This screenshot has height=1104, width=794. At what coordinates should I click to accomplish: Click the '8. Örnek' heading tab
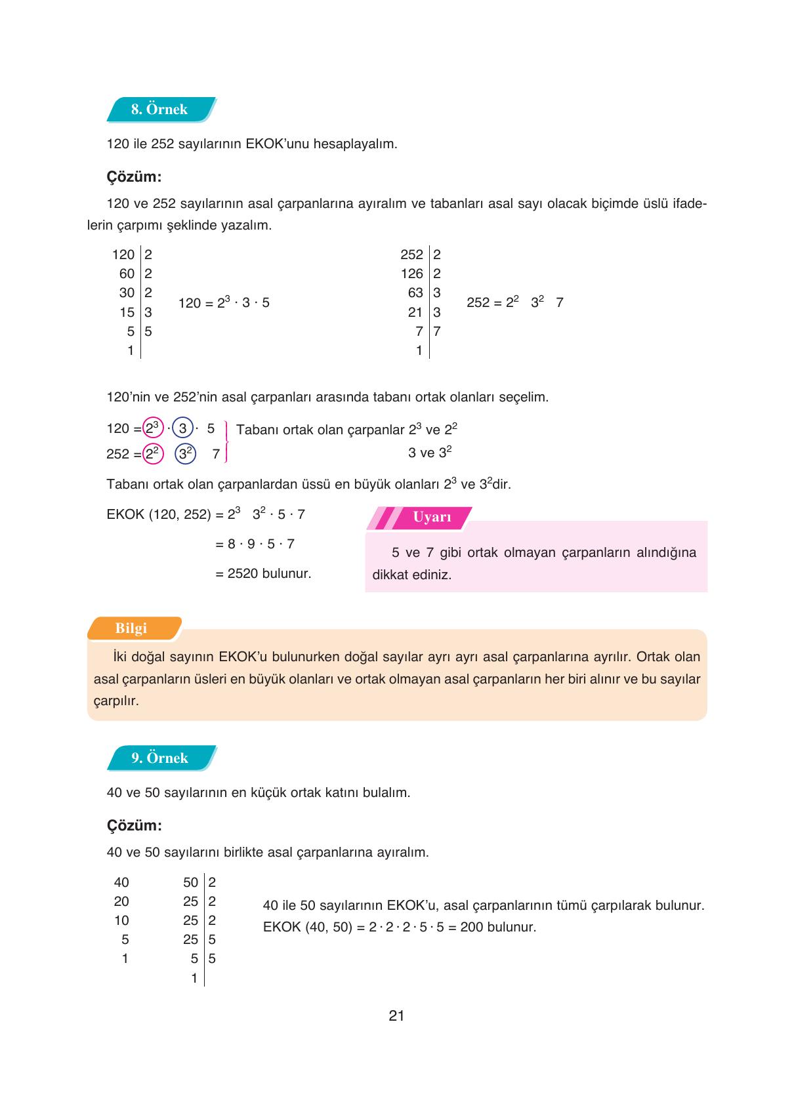point(159,110)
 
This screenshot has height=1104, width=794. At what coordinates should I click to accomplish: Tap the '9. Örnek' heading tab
point(159,758)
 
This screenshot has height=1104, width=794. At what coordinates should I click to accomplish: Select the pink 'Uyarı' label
point(431,517)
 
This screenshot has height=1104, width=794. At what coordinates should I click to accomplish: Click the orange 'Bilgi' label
point(131,628)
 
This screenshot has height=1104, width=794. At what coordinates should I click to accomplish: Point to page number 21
point(396,1015)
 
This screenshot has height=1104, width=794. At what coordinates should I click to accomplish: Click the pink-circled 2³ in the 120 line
point(153,428)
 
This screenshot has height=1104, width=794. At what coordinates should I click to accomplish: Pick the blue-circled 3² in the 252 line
point(186,453)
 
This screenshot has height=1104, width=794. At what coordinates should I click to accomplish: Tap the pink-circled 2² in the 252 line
point(153,453)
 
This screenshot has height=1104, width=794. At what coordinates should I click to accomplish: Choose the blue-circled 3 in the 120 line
point(183,428)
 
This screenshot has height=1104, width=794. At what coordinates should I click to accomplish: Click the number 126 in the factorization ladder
point(412,274)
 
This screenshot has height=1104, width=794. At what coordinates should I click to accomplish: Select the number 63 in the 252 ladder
point(415,293)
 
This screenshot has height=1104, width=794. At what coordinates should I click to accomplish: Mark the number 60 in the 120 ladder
point(127,274)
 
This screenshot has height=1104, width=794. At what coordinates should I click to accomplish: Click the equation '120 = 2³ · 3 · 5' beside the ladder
point(224,302)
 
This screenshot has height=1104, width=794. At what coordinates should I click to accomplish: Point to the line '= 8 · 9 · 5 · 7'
point(255,544)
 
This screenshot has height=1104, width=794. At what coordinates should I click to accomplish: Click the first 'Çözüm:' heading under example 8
point(134,177)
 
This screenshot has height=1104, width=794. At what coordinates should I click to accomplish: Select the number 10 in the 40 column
point(121,920)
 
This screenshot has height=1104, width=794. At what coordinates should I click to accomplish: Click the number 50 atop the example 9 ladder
point(190,882)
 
